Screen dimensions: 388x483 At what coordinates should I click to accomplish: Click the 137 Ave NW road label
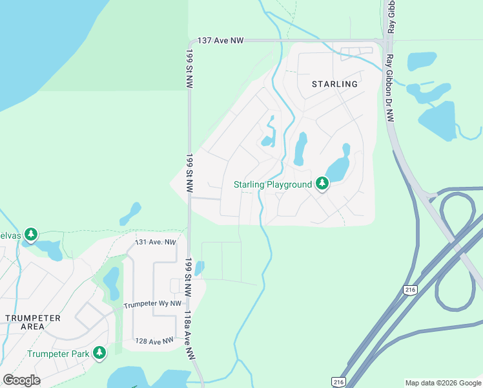[x=220, y=40]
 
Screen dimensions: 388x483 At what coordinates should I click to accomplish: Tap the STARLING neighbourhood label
[x=334, y=84]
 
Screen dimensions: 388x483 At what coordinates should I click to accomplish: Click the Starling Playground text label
[x=272, y=184]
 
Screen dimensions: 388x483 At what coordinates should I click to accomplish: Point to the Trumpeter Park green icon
[x=99, y=353]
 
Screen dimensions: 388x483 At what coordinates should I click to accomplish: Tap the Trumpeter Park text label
[x=57, y=354]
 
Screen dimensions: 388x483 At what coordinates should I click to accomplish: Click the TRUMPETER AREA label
[x=32, y=322]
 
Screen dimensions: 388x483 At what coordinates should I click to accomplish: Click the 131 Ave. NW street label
[x=155, y=242]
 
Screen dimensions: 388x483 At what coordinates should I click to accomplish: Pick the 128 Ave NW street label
[x=154, y=341]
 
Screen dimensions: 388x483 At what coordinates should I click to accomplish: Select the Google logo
[x=21, y=380]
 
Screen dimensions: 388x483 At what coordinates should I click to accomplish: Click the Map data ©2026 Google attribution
[x=442, y=383]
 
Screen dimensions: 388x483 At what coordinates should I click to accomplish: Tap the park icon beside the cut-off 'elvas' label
[x=30, y=233]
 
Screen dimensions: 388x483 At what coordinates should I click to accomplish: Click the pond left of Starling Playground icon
[x=300, y=149]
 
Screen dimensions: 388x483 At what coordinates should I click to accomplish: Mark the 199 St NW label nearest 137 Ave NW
[x=190, y=63]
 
